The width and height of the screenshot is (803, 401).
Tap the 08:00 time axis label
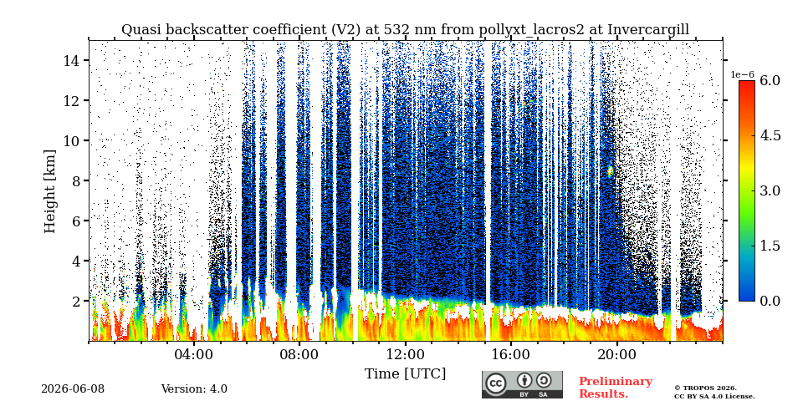click(x=299, y=354)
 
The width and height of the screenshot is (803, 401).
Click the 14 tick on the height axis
click(x=70, y=60)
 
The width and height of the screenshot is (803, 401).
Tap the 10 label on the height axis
click(x=70, y=140)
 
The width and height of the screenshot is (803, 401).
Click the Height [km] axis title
click(x=49, y=191)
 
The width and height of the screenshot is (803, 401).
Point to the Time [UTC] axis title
click(x=405, y=374)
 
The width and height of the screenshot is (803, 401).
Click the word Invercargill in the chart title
click(x=648, y=30)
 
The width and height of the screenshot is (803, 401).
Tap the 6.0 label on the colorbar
click(x=770, y=80)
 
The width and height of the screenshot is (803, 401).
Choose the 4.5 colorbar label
click(x=770, y=135)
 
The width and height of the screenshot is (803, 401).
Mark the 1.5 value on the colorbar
click(x=770, y=246)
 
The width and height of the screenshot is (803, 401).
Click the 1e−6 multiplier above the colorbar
click(x=743, y=74)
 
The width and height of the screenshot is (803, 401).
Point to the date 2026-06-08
click(x=73, y=388)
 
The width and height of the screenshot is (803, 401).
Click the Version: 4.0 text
click(x=194, y=388)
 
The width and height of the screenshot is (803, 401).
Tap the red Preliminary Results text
click(x=616, y=388)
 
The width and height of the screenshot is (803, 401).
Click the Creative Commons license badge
click(x=522, y=384)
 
